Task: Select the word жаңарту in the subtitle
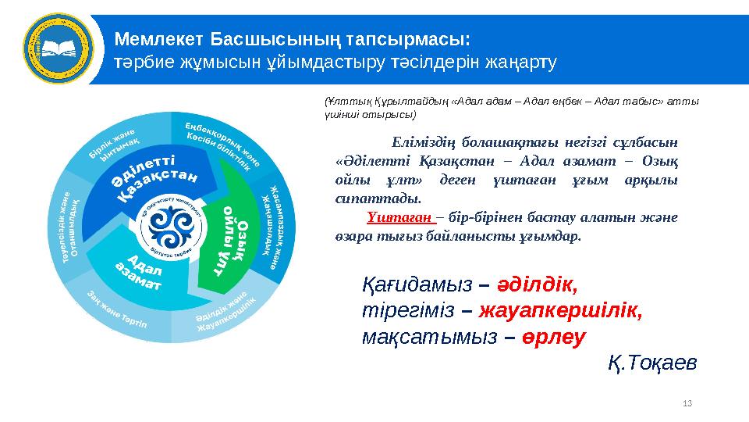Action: (521, 62)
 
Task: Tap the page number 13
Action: (687, 402)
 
